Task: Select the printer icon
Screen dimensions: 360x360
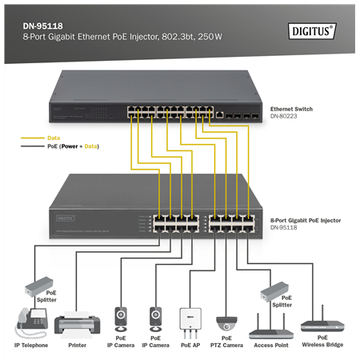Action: [78, 324]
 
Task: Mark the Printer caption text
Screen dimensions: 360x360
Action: [78, 346]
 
